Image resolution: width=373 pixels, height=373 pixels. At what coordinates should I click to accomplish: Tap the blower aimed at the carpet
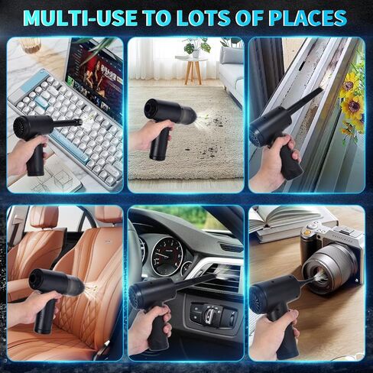pyautogui.click(x=164, y=115)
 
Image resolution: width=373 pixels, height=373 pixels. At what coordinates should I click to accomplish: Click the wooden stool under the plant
pyautogui.click(x=192, y=70)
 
